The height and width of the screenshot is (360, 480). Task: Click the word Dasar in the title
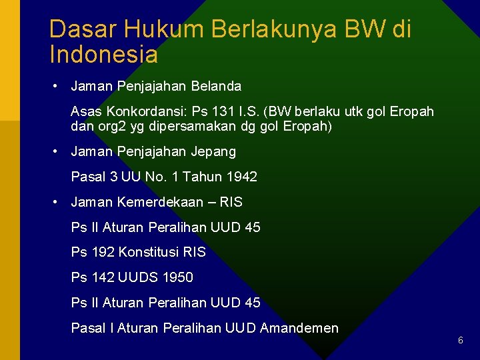(x=75, y=29)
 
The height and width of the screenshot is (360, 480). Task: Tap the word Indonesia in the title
(x=103, y=55)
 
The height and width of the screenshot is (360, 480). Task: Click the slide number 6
(x=461, y=341)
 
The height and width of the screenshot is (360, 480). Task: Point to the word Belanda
(x=216, y=86)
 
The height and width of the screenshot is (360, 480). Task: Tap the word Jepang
(x=213, y=151)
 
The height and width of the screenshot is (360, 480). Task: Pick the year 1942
(x=242, y=177)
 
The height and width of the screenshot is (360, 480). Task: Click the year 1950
(x=178, y=277)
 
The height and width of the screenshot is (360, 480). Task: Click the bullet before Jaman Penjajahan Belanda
(x=59, y=87)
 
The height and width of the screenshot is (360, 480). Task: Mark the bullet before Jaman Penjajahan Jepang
(x=59, y=152)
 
